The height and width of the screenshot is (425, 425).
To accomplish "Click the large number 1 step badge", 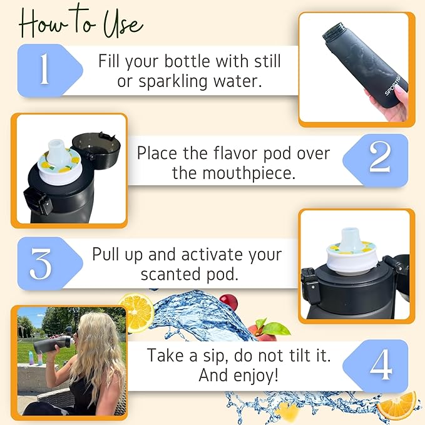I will click(x=44, y=70).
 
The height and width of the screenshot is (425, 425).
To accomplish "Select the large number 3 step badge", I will click(x=41, y=264).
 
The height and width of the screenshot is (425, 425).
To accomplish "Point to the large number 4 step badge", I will click(x=380, y=366).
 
